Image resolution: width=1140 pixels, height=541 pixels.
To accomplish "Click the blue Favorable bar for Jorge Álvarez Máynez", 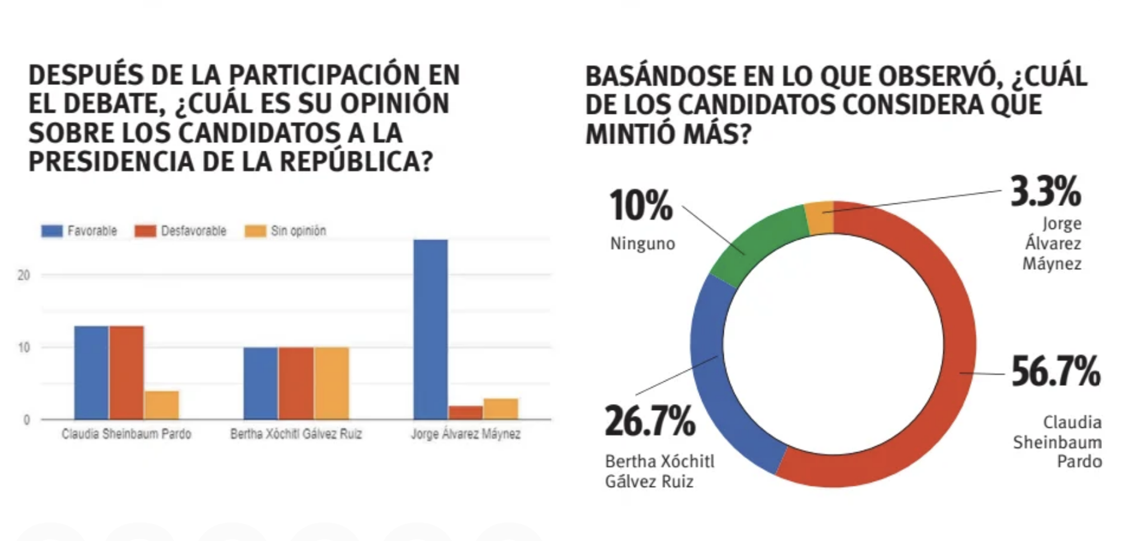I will pyautogui.click(x=430, y=329).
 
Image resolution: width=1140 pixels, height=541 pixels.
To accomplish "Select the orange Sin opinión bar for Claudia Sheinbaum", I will pyautogui.click(x=161, y=405).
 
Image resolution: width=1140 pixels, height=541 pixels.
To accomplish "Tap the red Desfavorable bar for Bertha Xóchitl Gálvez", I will pyautogui.click(x=296, y=383).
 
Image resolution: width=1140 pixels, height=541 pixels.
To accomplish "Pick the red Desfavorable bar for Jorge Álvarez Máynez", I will pyautogui.click(x=465, y=413).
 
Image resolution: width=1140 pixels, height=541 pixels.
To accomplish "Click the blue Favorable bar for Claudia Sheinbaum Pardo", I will pyautogui.click(x=91, y=373).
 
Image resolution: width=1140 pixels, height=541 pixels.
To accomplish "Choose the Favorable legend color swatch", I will pyautogui.click(x=52, y=231).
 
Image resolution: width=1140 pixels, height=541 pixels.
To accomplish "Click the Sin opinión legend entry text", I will pyautogui.click(x=298, y=231).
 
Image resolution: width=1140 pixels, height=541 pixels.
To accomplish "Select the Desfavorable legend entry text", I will pyautogui.click(x=193, y=231).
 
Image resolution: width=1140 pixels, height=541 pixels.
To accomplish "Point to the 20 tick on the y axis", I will pyautogui.click(x=23, y=275).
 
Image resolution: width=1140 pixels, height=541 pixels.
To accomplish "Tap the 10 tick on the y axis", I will pyautogui.click(x=23, y=348).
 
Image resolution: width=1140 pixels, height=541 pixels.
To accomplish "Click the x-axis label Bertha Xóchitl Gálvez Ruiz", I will pyautogui.click(x=296, y=434).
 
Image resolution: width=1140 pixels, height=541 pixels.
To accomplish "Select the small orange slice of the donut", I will pyautogui.click(x=820, y=217).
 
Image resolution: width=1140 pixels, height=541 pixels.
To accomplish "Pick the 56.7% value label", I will pyautogui.click(x=1055, y=372).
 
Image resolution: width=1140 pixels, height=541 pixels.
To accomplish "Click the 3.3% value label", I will pyautogui.click(x=1045, y=192).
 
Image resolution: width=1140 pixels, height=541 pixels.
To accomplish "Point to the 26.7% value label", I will pyautogui.click(x=650, y=421).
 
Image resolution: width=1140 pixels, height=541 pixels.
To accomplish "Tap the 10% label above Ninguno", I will pyautogui.click(x=641, y=205).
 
